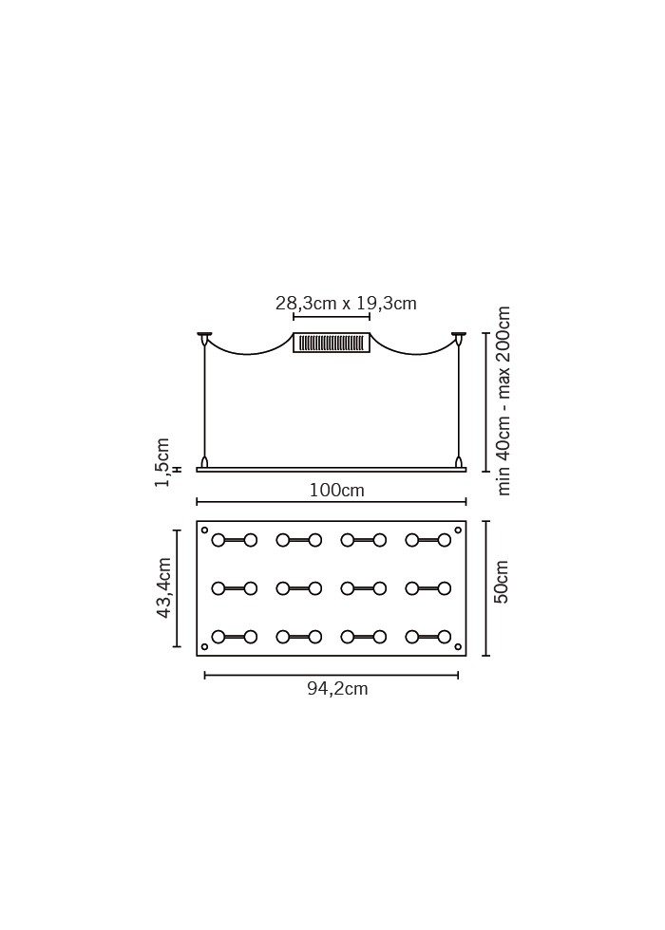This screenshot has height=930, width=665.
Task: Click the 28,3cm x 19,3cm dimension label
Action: (346, 304)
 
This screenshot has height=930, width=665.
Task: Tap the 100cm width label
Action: (336, 491)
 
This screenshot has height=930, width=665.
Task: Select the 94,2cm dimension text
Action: (337, 689)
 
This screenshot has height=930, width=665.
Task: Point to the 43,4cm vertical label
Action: (164, 587)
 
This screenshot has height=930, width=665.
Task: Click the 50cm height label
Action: (502, 582)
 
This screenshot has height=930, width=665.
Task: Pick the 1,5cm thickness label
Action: (162, 463)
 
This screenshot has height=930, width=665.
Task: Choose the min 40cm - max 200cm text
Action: (503, 400)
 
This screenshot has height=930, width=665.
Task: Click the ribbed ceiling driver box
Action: (332, 343)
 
